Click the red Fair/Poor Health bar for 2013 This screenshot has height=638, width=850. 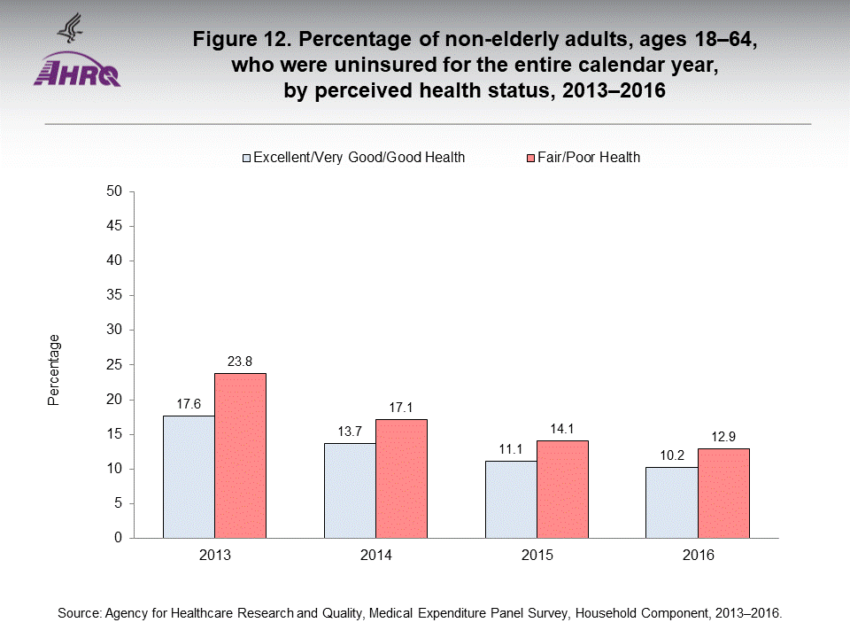[x=240, y=455]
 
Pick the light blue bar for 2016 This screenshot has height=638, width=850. [x=671, y=502]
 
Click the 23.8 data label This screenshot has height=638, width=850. [x=240, y=361]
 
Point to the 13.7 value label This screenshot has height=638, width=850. [x=350, y=431]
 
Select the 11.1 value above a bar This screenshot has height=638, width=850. [x=511, y=448]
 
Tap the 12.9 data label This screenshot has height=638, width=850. [x=723, y=436]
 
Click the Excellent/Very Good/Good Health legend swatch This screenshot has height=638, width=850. [x=248, y=158]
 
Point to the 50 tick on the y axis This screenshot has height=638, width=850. [x=114, y=191]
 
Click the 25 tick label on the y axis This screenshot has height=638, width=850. [x=114, y=364]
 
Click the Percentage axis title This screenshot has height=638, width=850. [x=54, y=370]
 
